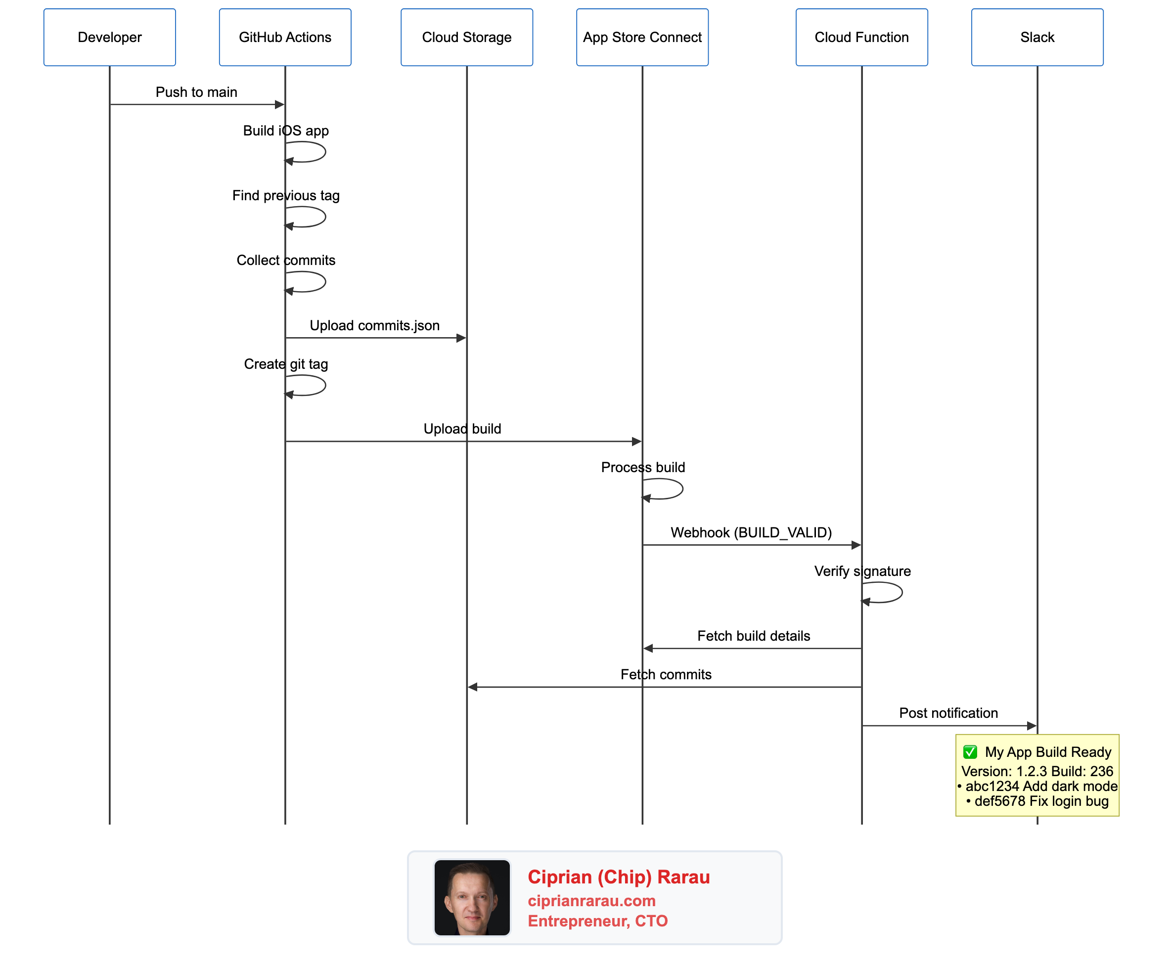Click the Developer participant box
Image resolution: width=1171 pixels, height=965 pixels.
click(110, 37)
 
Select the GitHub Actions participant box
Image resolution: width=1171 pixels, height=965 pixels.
click(285, 37)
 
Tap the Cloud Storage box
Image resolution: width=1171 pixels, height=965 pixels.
click(466, 37)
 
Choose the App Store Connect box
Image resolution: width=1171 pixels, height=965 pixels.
click(642, 37)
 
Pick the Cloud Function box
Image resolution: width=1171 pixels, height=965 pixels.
click(861, 37)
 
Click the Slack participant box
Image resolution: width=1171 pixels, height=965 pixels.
click(1036, 37)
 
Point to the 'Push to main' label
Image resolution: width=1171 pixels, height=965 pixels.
click(196, 92)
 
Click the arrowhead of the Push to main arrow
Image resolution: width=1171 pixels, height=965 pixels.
click(280, 104)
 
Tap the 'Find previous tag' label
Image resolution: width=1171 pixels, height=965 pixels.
click(286, 196)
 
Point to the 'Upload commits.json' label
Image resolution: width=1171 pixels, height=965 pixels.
click(374, 326)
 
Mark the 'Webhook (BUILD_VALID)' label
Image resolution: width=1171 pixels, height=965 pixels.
click(751, 532)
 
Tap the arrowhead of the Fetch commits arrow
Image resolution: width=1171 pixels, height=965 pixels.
click(473, 687)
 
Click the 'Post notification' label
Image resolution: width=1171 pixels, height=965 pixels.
click(948, 713)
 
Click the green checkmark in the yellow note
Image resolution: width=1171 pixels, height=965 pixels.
click(970, 752)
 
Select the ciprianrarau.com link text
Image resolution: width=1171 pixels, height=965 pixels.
click(591, 901)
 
